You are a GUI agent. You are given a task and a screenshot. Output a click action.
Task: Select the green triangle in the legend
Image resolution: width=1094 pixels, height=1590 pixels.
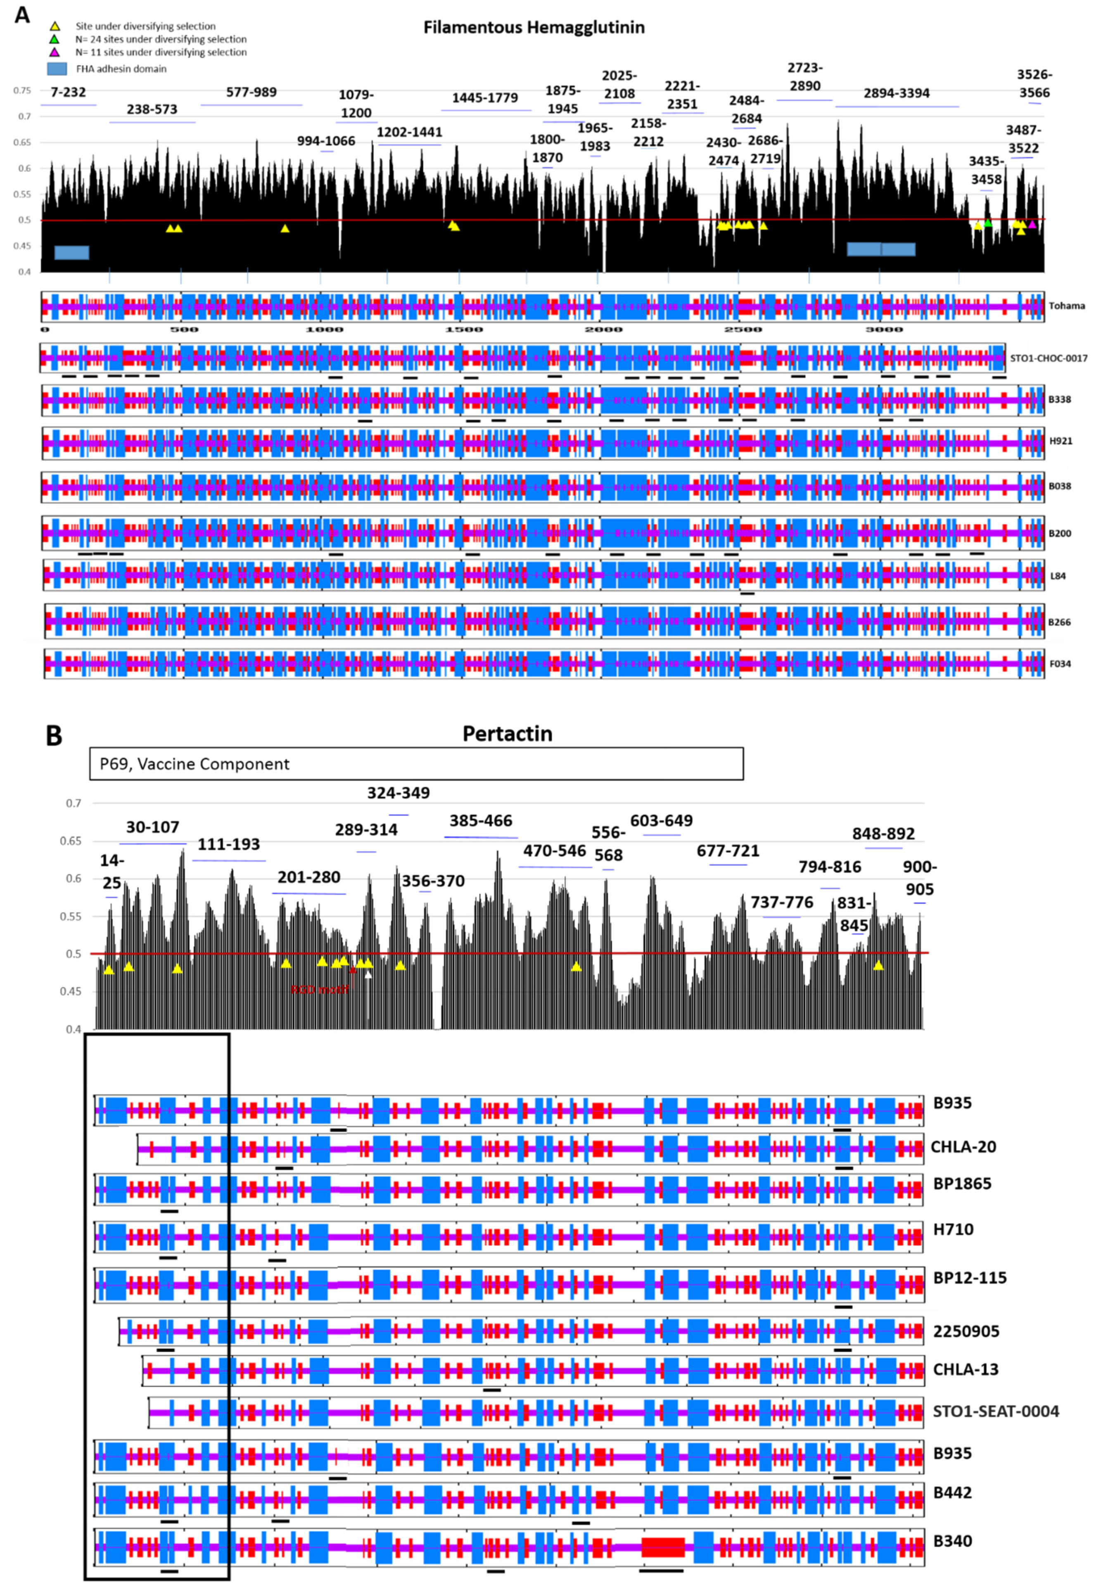tap(55, 40)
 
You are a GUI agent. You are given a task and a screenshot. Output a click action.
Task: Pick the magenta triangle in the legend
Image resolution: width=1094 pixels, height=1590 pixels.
tap(55, 52)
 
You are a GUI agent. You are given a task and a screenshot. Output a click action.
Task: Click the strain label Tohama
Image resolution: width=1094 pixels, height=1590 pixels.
tap(1067, 306)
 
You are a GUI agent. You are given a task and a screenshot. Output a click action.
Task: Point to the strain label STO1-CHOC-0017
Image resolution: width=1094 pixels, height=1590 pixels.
tap(1048, 358)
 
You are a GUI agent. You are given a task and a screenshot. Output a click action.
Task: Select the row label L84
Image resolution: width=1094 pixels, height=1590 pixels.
tap(1058, 576)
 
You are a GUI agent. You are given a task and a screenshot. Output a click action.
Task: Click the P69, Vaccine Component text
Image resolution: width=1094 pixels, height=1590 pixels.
tap(195, 764)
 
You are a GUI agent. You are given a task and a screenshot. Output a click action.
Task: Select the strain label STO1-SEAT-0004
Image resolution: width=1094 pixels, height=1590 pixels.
tap(995, 1411)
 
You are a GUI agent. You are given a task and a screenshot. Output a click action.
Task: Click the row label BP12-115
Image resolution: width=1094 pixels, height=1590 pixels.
tap(969, 1277)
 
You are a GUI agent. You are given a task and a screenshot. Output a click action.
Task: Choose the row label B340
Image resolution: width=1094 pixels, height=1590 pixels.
tap(952, 1540)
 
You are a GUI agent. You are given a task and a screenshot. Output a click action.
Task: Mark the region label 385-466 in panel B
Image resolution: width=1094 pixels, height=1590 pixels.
tap(481, 821)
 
